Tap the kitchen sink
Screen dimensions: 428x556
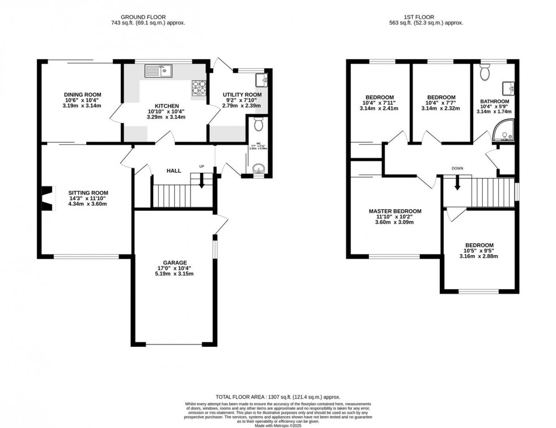[x=158, y=71]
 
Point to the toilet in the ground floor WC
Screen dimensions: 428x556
[x=259, y=123]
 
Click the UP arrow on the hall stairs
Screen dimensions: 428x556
[x=201, y=181]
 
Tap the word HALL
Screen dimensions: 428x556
[x=174, y=171]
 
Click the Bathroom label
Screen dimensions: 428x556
[x=494, y=101]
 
